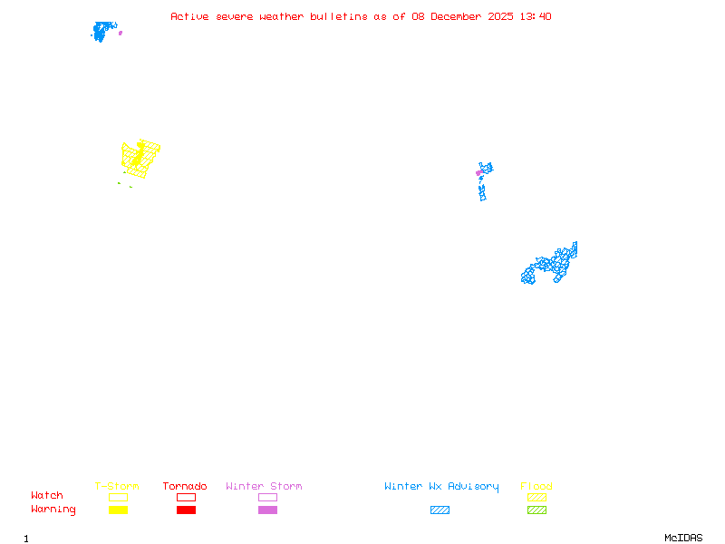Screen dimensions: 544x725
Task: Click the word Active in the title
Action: pos(188,16)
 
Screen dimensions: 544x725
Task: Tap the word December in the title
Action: pos(463,16)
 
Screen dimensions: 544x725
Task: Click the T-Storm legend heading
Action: pos(117,487)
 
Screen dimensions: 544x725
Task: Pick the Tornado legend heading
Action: pos(185,487)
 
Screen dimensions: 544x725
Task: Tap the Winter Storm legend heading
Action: pos(264,487)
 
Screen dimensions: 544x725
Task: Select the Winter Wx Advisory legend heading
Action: pos(441,487)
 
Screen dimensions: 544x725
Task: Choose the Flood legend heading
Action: pos(536,487)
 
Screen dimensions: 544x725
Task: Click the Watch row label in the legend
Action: pos(47,496)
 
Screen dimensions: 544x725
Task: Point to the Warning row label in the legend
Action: pos(53,510)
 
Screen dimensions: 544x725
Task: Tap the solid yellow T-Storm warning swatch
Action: pos(118,510)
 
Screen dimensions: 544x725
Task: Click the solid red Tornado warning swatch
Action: pos(186,510)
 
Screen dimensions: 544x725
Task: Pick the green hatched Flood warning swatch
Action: pos(536,510)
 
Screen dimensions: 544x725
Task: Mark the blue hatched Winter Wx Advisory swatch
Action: pos(440,510)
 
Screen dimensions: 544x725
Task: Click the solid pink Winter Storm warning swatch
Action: pos(267,510)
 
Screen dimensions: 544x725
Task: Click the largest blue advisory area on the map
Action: pos(548,265)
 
